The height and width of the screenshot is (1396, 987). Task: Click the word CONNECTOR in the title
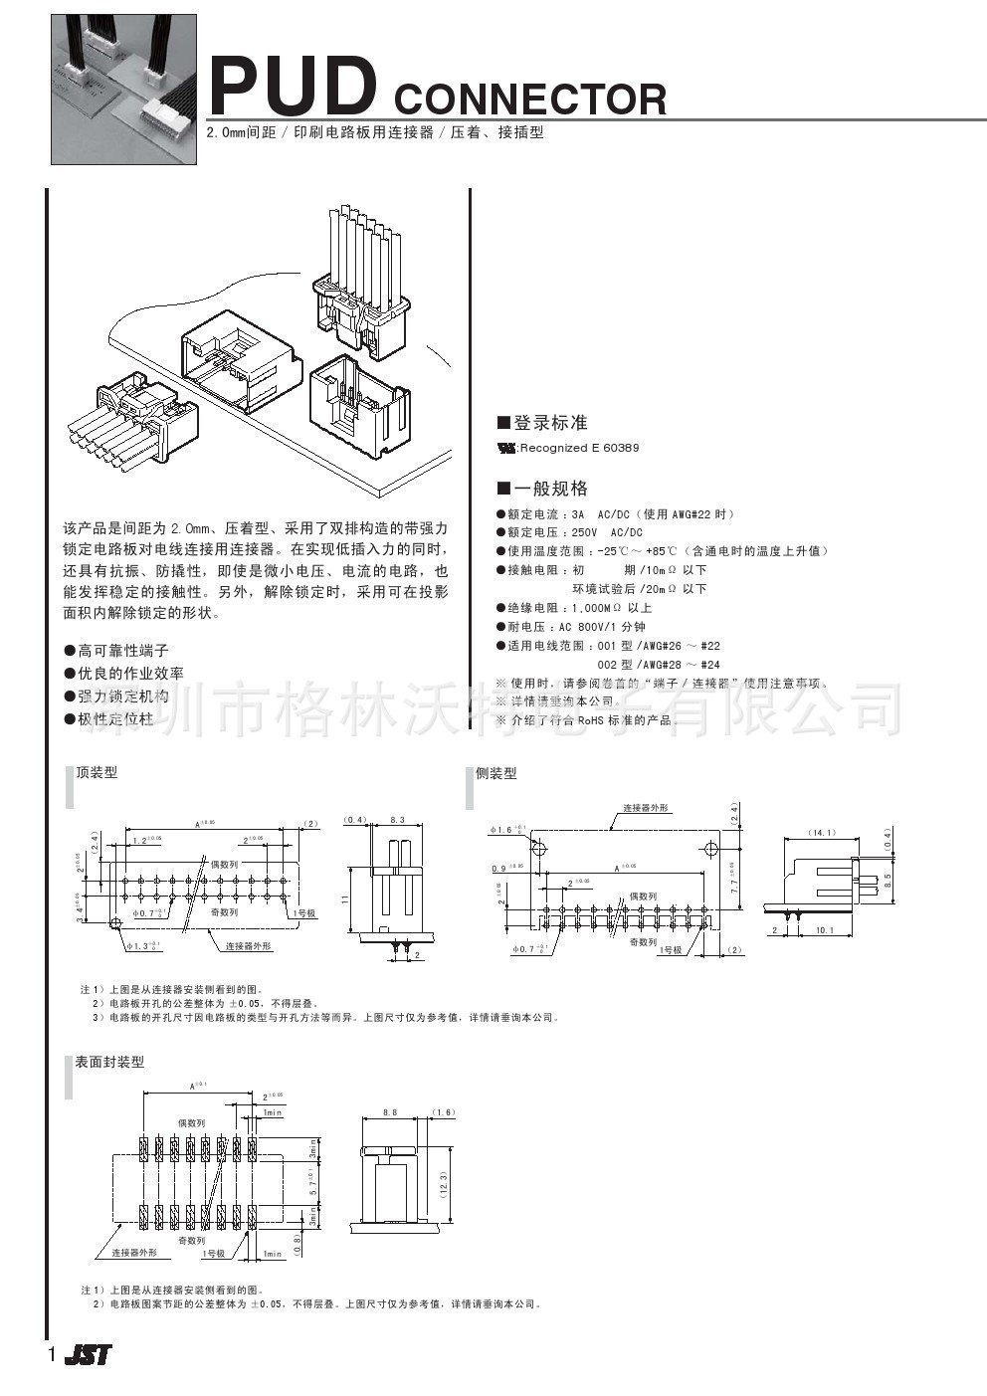tap(529, 100)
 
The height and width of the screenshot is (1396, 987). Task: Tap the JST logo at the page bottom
tap(89, 1354)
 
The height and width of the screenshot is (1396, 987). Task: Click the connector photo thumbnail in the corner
tap(123, 89)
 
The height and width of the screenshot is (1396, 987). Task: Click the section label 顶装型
tap(97, 772)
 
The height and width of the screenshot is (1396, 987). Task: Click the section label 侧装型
tap(496, 773)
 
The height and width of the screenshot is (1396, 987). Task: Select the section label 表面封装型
tap(109, 1062)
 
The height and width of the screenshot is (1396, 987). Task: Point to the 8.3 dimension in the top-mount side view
tap(398, 820)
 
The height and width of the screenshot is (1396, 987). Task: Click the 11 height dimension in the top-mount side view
tap(345, 898)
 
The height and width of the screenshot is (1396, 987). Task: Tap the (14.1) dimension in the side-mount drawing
tap(822, 832)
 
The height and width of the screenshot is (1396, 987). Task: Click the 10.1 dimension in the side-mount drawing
tap(824, 930)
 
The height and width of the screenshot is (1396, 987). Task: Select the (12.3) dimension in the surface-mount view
tap(444, 1183)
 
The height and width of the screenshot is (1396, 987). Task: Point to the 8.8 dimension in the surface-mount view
tap(389, 1112)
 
